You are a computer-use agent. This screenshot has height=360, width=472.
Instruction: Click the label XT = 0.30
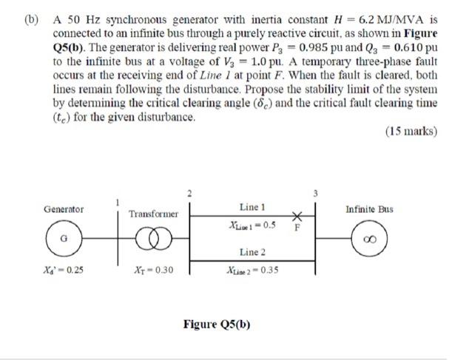tap(154, 270)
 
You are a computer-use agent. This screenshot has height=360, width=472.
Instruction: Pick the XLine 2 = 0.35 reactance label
tap(253, 270)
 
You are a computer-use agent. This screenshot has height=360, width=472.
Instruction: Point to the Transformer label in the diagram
tap(154, 214)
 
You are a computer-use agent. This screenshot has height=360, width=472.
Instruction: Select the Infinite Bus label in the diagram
tap(370, 209)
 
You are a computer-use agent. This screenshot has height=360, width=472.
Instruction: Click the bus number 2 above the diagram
tap(189, 193)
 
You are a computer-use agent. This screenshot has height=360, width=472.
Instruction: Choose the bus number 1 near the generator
tap(116, 201)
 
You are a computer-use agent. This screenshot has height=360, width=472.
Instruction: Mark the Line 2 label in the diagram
tap(253, 253)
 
